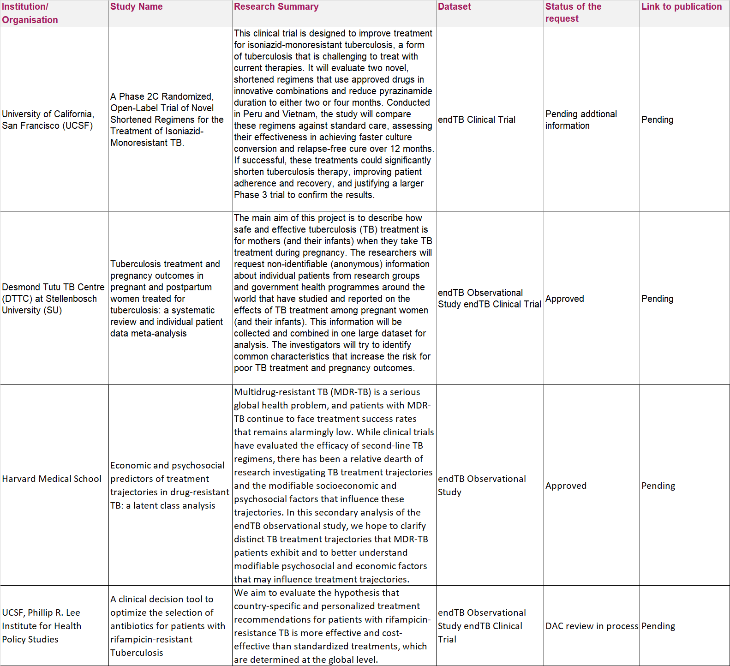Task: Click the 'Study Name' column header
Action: pyautogui.click(x=137, y=7)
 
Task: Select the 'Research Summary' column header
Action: pyautogui.click(x=276, y=7)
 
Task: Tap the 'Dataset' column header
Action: pyautogui.click(x=454, y=7)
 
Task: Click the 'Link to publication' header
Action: pyautogui.click(x=681, y=7)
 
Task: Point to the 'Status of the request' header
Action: pyautogui.click(x=573, y=12)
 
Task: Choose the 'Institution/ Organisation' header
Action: pyautogui.click(x=30, y=13)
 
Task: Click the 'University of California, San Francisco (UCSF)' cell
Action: pyautogui.click(x=48, y=120)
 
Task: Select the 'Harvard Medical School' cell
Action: pyautogui.click(x=52, y=479)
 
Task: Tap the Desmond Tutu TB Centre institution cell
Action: pyautogui.click(x=53, y=299)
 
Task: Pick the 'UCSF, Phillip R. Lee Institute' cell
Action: pyautogui.click(x=42, y=626)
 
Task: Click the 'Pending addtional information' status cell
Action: pyautogui.click(x=580, y=120)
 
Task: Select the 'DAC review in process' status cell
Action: pyautogui.click(x=592, y=626)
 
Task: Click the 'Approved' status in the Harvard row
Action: pyautogui.click(x=566, y=486)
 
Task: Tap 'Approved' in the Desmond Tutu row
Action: pyautogui.click(x=564, y=299)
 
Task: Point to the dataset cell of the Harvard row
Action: pyautogui.click(x=481, y=486)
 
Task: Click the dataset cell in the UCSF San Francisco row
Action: pyautogui.click(x=476, y=120)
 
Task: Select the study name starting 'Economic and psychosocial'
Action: pyautogui.click(x=169, y=486)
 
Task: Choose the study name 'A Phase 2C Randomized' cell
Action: pyautogui.click(x=167, y=120)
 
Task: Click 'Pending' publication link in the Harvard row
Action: pyautogui.click(x=658, y=486)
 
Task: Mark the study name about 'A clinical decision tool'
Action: pyautogui.click(x=168, y=626)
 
